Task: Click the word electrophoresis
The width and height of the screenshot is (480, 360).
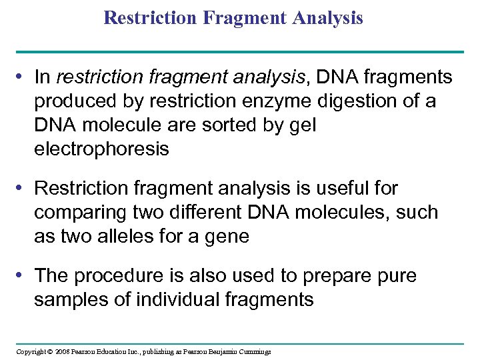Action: (x=101, y=149)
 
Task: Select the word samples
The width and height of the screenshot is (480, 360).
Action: (x=73, y=299)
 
